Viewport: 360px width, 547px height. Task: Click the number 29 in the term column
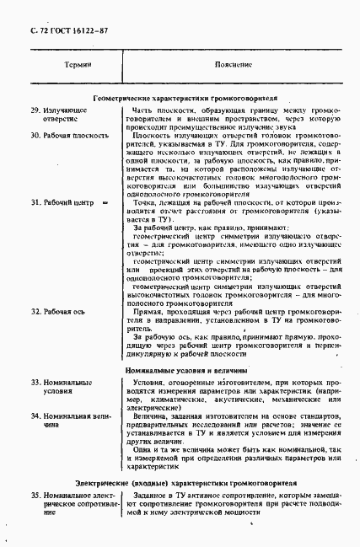[x=35, y=110]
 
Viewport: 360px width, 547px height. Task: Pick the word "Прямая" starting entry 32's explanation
[x=147, y=312]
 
